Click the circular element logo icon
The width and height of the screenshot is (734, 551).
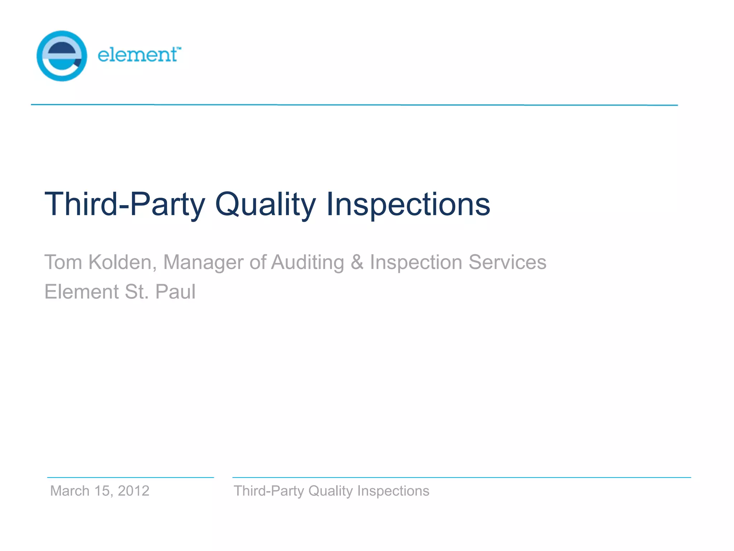point(62,56)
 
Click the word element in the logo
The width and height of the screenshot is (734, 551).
point(137,55)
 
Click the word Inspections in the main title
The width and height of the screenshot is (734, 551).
point(408,204)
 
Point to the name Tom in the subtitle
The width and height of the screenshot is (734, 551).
point(63,262)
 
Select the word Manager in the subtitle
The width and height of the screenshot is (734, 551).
point(203,262)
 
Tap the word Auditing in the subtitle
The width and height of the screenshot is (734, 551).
point(308,262)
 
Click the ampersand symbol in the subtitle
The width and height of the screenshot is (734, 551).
point(357,262)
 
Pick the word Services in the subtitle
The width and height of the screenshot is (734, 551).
point(507,262)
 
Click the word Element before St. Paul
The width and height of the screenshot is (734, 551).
point(81,291)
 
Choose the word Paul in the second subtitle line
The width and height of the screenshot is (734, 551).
point(175,291)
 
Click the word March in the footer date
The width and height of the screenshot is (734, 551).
point(70,491)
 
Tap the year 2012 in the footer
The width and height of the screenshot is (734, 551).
point(133,491)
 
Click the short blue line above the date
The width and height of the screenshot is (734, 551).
point(130,477)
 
